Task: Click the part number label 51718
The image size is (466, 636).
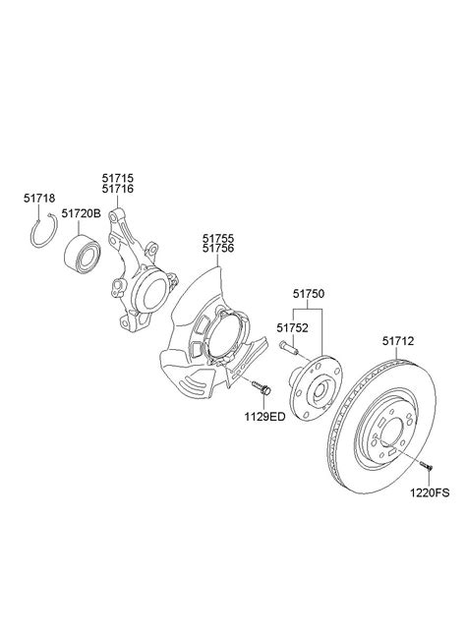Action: pyautogui.click(x=39, y=199)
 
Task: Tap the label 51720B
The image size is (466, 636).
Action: pyautogui.click(x=81, y=213)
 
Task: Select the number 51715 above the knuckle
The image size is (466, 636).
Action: pyautogui.click(x=117, y=179)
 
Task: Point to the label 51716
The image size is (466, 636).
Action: pyautogui.click(x=117, y=189)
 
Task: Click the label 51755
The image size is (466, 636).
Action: pyautogui.click(x=218, y=238)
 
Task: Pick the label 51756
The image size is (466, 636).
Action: pyautogui.click(x=218, y=249)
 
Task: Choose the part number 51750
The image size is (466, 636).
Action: pyautogui.click(x=309, y=294)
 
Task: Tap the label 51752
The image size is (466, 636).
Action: pyautogui.click(x=292, y=327)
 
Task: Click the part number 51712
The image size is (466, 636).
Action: pyautogui.click(x=398, y=341)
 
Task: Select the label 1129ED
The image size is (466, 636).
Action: pyautogui.click(x=264, y=417)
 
